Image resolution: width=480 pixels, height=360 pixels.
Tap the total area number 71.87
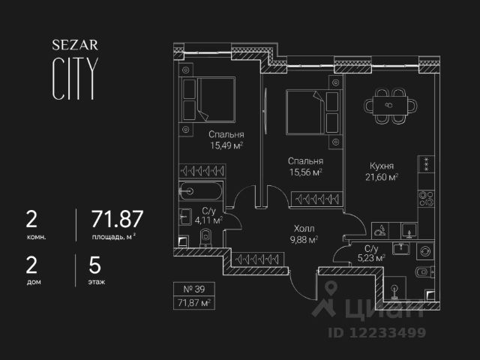117,220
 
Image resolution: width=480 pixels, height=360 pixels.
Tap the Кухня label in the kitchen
382,166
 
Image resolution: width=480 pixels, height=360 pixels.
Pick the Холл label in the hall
304,229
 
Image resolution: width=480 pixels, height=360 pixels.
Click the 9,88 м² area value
304,240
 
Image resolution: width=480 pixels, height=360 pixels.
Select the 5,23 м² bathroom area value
370,258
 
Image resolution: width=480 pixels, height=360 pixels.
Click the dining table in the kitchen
388,104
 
